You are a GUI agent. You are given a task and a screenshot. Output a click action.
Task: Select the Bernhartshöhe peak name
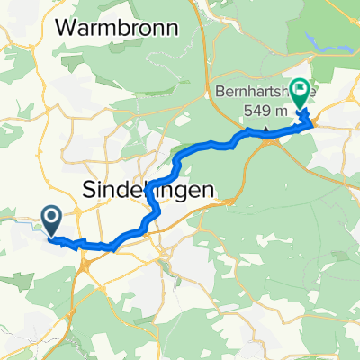click(261, 91)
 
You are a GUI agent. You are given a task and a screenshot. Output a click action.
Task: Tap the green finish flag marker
click(299, 97)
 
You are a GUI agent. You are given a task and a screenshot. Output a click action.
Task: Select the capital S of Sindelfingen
click(89, 190)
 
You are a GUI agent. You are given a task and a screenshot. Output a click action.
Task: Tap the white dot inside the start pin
click(49, 216)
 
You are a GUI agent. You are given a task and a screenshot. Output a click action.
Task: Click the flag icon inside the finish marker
click(299, 94)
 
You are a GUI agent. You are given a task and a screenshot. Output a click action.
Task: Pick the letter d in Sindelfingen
click(121, 190)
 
